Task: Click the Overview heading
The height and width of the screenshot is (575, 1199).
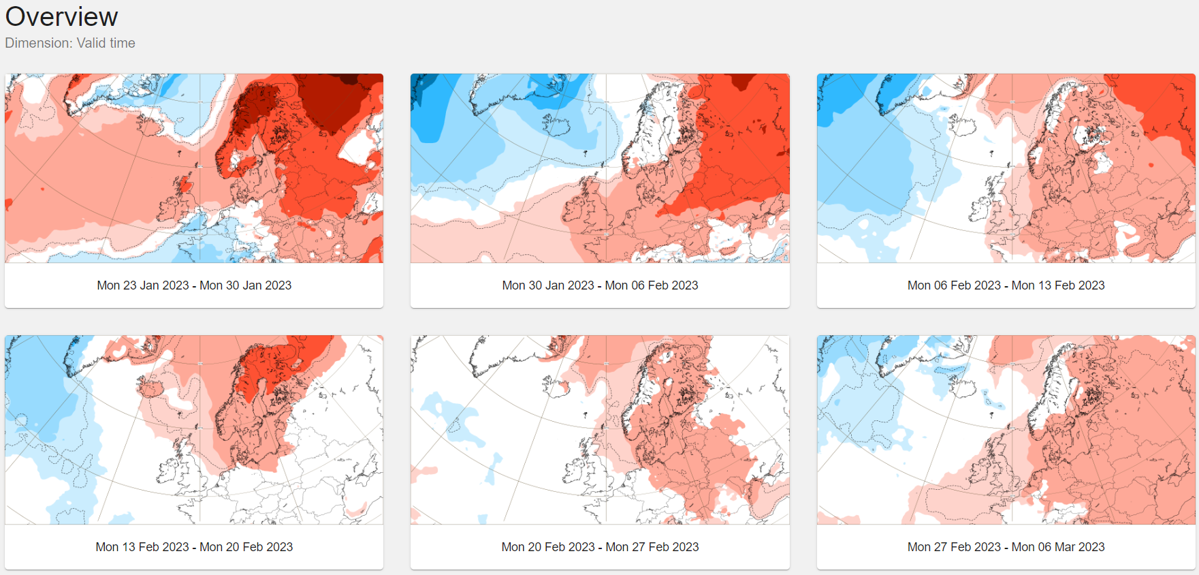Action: [x=61, y=16]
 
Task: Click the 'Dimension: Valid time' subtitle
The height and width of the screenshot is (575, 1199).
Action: [x=70, y=43]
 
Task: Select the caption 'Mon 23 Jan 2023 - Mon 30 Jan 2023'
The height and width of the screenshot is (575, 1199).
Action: [x=194, y=285]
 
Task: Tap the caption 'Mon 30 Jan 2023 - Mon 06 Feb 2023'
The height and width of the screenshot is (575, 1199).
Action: [x=600, y=285]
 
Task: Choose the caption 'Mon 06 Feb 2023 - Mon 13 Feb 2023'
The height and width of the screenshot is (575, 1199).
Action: [x=1006, y=285]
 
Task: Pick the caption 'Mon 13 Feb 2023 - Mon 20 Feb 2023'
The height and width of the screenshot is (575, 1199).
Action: [x=194, y=547]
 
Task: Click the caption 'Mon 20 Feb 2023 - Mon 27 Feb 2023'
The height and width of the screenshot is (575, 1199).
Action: [x=600, y=547]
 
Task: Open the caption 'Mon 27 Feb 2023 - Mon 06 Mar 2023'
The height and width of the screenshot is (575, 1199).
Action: [x=1006, y=547]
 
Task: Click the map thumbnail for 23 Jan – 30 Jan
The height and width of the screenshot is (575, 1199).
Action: [x=194, y=168]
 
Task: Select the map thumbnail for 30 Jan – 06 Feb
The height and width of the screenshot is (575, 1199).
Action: [x=600, y=168]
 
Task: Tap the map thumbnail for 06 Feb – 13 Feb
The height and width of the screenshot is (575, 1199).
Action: [x=1006, y=168]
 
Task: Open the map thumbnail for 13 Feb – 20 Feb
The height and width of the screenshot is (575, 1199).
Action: [x=194, y=430]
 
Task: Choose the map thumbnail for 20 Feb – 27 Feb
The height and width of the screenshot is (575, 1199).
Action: [x=600, y=430]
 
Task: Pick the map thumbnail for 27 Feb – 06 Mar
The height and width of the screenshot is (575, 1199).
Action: [x=1006, y=430]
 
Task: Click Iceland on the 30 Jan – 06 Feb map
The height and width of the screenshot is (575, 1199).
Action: [x=556, y=125]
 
